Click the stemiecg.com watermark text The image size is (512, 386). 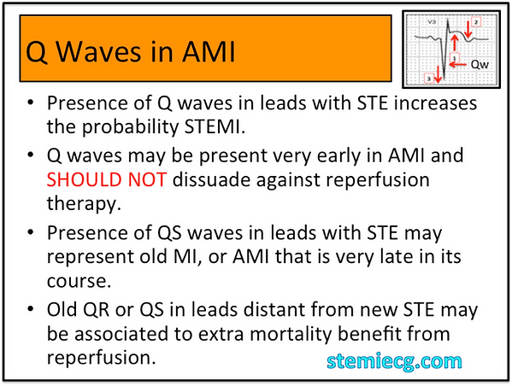tap(393, 361)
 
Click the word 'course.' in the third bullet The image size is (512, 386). tap(78, 282)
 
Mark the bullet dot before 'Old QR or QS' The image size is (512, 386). tap(32, 307)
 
